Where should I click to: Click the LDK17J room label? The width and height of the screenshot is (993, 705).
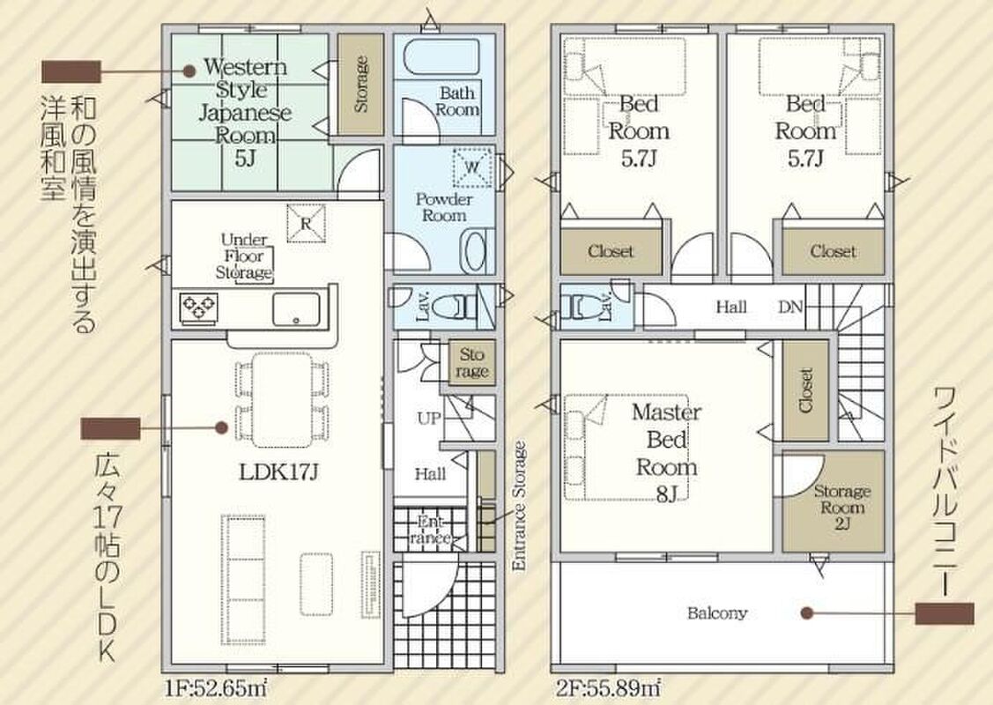tap(278, 471)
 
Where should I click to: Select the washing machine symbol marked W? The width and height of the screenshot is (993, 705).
tap(472, 167)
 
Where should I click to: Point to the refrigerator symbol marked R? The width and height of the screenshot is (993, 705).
tap(306, 223)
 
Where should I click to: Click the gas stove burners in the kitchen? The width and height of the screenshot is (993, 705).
tap(199, 309)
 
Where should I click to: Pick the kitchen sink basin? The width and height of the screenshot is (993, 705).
tap(296, 309)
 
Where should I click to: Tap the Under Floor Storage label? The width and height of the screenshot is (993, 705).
tap(244, 256)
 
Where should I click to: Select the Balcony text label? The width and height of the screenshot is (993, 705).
tap(717, 613)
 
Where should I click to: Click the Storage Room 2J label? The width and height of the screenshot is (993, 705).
tap(841, 507)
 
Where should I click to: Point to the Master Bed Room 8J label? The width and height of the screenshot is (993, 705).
tap(666, 452)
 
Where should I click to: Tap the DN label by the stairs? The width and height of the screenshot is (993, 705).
tap(790, 308)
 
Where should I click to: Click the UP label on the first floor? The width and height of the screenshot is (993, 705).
tap(429, 418)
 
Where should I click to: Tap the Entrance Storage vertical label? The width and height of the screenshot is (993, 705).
tap(519, 507)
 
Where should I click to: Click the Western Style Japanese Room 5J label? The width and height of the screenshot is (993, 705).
tap(245, 112)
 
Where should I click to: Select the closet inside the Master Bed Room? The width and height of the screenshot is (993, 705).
tap(805, 390)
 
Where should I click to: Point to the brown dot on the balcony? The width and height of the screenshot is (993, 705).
tap(806, 613)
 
